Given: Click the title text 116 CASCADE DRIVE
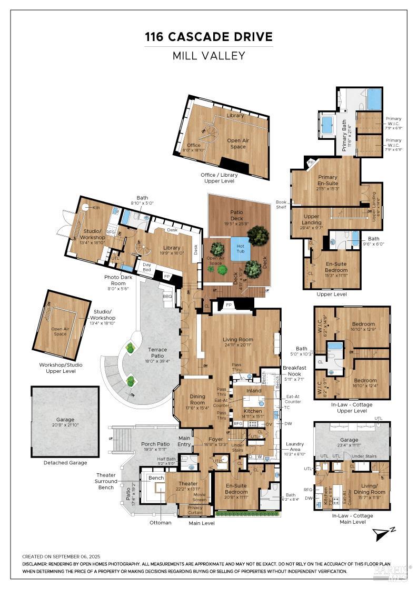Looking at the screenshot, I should point(209,37).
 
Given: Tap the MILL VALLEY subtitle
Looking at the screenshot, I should point(209,56).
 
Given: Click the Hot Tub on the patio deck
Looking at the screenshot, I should point(240,248).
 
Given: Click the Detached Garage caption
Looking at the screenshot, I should point(65,463).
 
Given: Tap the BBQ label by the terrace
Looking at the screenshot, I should point(168,296).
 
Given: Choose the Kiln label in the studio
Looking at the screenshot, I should point(96,208).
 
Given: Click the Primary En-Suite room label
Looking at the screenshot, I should point(327,180).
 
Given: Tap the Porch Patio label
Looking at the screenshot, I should point(155,447).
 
